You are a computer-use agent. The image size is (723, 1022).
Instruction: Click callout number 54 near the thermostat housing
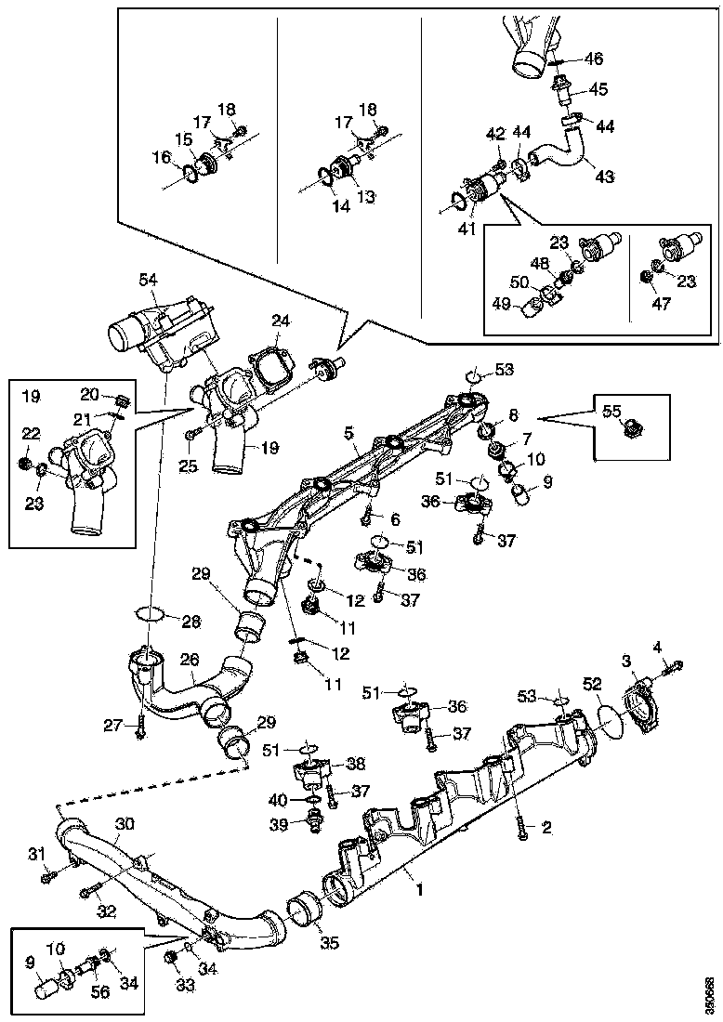150,279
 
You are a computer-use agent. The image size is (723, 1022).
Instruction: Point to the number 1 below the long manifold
420,888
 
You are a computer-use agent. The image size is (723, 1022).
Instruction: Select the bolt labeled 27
139,727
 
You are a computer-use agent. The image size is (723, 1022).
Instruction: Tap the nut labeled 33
170,957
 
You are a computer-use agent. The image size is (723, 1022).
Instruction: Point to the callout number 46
594,59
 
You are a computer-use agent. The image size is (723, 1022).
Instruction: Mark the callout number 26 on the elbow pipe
190,660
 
